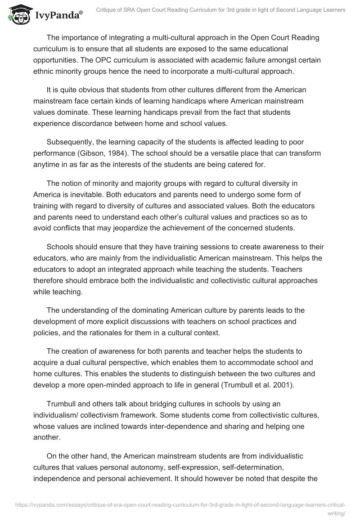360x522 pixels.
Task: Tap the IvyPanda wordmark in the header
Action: [58, 15]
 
